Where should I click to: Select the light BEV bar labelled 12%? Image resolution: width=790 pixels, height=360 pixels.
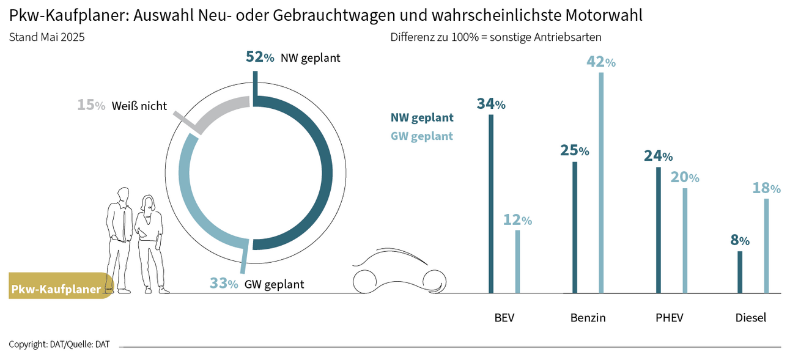517,262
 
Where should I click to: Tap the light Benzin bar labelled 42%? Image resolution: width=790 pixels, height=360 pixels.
601,183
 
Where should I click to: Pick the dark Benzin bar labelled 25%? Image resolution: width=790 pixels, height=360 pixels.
575,227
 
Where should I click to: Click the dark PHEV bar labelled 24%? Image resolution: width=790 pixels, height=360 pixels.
659,230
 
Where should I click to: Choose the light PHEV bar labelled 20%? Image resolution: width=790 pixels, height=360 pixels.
685,240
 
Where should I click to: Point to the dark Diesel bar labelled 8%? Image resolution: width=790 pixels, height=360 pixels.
740,272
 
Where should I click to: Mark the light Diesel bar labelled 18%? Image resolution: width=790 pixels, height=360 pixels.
766,246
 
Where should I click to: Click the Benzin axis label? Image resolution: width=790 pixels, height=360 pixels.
588,318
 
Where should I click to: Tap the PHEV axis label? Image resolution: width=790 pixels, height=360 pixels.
669,318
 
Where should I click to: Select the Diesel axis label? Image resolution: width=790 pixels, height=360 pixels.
750,318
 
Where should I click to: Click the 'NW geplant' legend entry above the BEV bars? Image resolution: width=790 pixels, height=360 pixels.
422,117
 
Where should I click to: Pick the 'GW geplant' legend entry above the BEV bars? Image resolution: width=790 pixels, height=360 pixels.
422,136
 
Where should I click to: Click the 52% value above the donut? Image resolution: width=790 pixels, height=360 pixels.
260,57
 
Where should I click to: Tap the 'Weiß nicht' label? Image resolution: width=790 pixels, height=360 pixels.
139,106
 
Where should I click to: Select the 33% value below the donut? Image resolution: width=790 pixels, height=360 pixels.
223,284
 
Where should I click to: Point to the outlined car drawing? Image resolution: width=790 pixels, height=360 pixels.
397,272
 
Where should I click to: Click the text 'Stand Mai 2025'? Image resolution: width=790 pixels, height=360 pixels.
46,37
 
